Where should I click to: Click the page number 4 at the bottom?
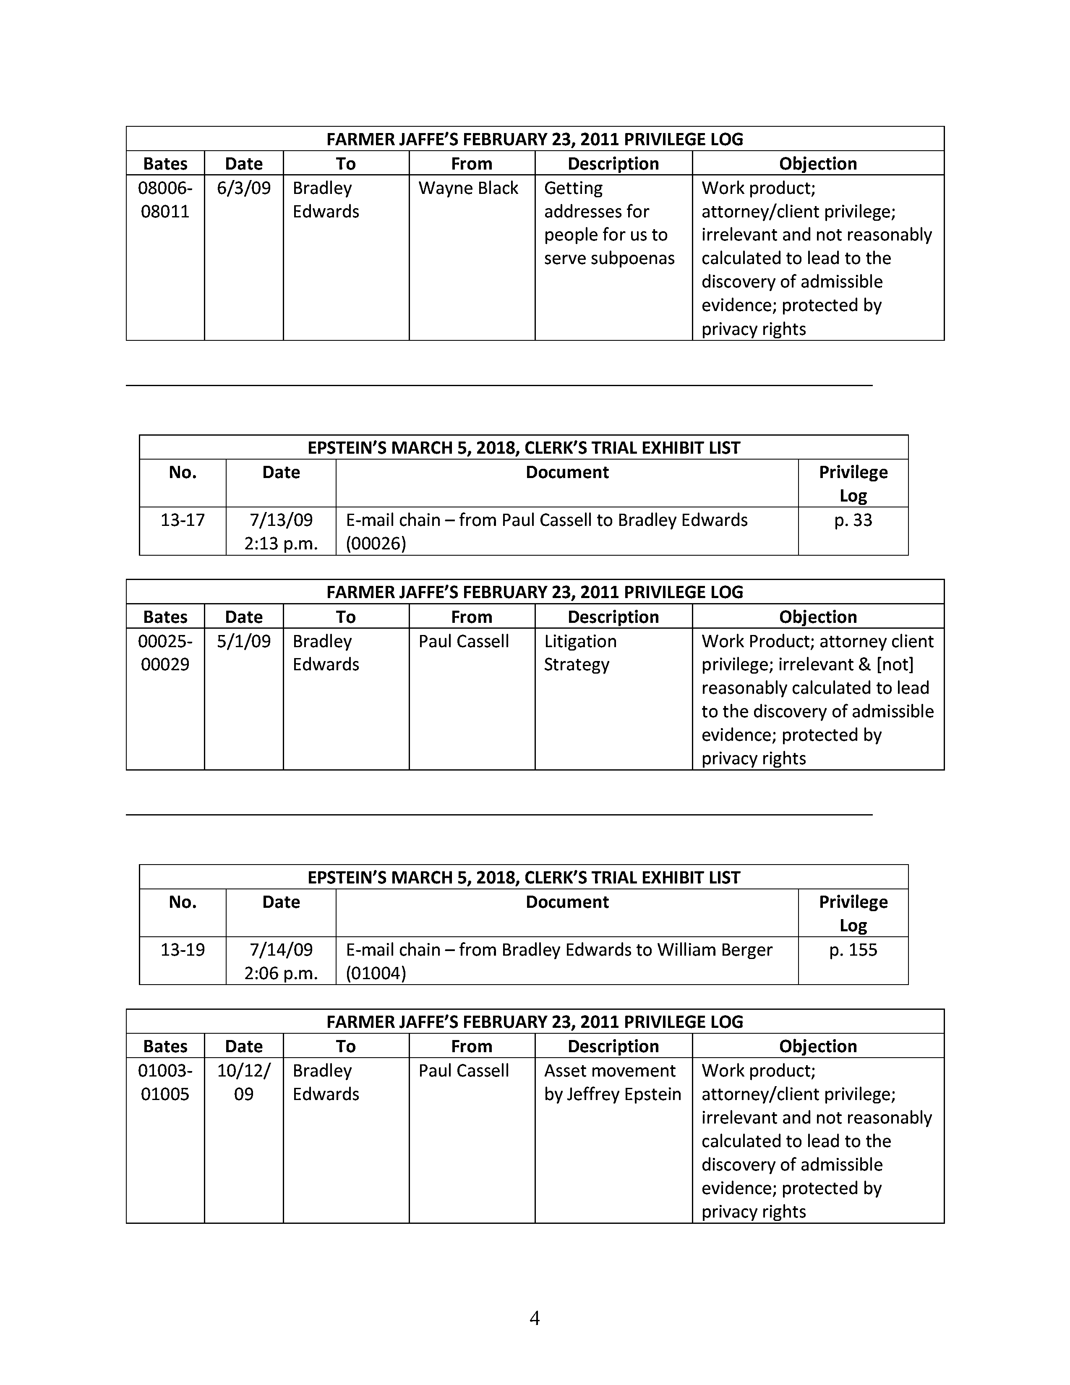click(x=534, y=1318)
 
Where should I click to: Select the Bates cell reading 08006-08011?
click(x=165, y=200)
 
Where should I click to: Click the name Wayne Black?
click(x=468, y=188)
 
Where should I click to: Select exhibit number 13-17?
click(x=183, y=520)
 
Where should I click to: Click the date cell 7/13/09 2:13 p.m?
click(x=281, y=531)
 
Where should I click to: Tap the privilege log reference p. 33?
click(x=853, y=520)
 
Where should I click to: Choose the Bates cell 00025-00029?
click(x=165, y=653)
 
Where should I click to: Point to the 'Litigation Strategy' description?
click(x=580, y=653)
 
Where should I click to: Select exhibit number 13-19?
click(x=183, y=949)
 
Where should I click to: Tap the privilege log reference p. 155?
click(x=853, y=949)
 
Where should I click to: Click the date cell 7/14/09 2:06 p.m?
click(x=281, y=961)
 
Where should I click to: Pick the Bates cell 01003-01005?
click(x=165, y=1082)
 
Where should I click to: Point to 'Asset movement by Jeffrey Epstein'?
click(x=612, y=1082)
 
